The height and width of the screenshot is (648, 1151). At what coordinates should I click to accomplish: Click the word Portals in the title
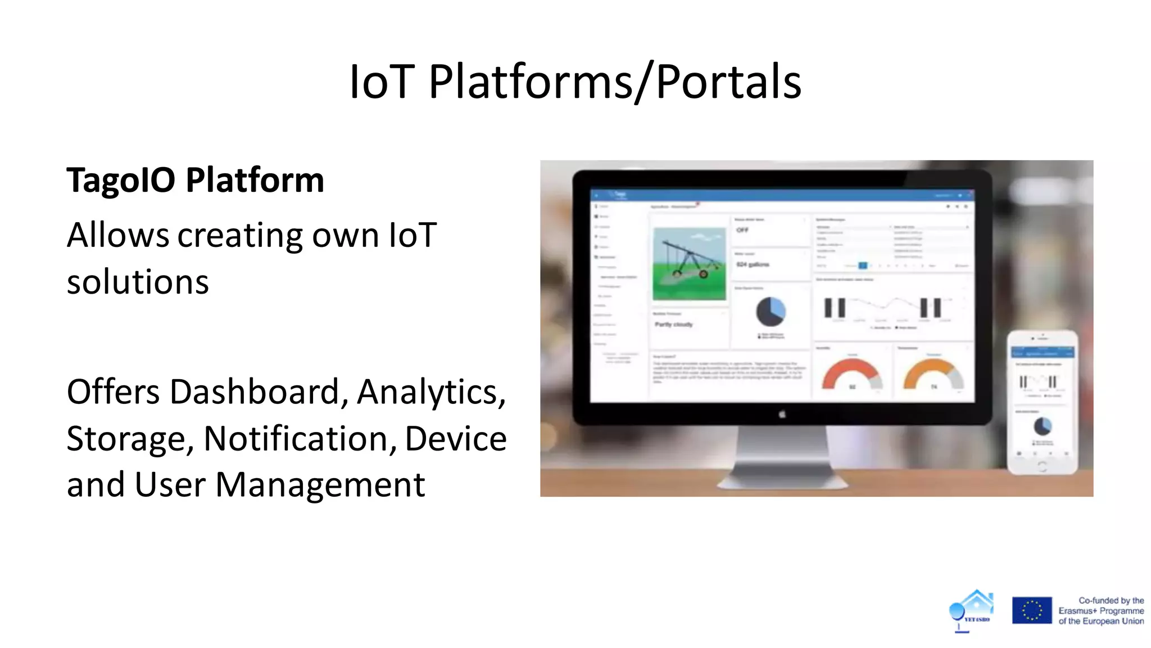point(728,82)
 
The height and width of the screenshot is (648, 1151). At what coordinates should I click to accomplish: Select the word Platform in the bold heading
point(255,181)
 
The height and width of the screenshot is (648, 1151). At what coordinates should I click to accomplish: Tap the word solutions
point(138,282)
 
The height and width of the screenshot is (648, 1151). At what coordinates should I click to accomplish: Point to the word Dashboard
point(255,391)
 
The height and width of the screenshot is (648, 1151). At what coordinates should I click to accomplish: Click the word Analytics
point(431,391)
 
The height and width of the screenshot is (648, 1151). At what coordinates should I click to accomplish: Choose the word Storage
point(130,439)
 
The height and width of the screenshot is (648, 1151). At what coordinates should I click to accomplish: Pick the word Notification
point(300,439)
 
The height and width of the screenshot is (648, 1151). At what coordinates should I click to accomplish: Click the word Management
point(320,485)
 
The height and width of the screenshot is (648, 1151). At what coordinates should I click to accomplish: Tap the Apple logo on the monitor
point(782,415)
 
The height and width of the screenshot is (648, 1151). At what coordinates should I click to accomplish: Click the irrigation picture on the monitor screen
point(689,263)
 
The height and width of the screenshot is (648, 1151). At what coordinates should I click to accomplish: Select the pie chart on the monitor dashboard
point(771,312)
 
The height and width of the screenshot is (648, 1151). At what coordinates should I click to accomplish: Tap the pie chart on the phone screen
point(1043,426)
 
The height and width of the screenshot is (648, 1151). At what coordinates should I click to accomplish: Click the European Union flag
point(1031,610)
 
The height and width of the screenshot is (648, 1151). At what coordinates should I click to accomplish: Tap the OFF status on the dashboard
point(742,230)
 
